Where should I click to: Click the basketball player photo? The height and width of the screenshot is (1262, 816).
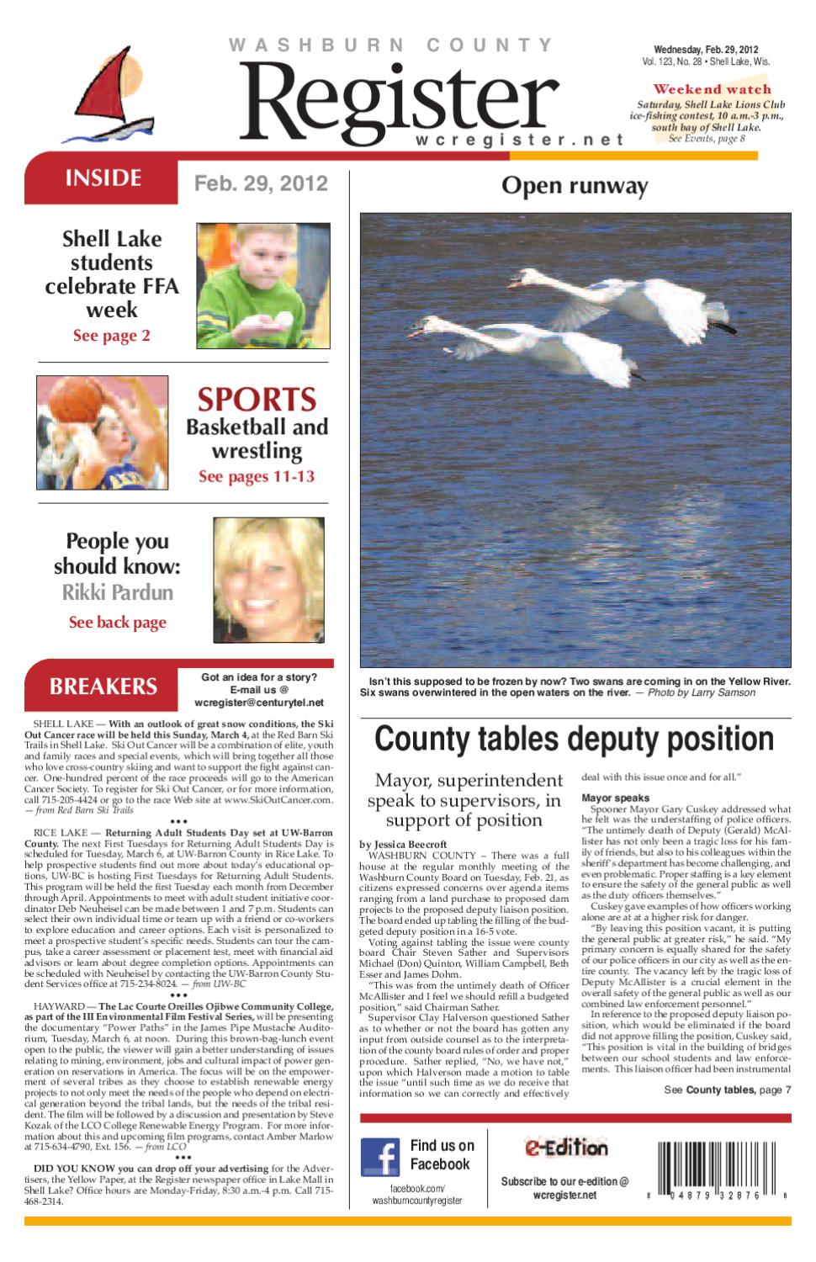point(102,432)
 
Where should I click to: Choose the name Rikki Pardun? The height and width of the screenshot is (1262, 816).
point(118,592)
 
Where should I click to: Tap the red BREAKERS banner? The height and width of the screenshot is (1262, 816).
point(103,686)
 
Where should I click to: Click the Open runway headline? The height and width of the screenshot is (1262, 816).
point(575,186)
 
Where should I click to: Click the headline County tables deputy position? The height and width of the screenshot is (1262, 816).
point(574,739)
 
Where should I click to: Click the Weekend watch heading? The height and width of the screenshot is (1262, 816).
point(712,89)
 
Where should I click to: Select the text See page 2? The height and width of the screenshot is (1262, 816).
point(111,336)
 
